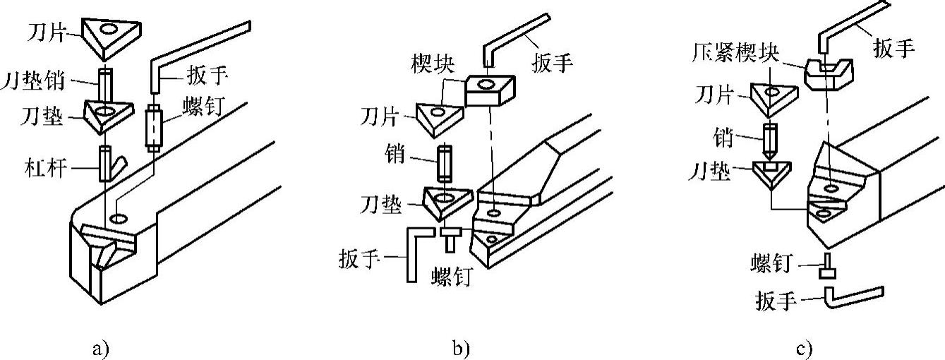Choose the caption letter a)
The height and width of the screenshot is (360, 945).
pyautogui.click(x=102, y=347)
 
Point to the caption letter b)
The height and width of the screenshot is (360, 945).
pyautogui.click(x=460, y=347)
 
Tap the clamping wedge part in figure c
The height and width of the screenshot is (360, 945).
pyautogui.click(x=830, y=72)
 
